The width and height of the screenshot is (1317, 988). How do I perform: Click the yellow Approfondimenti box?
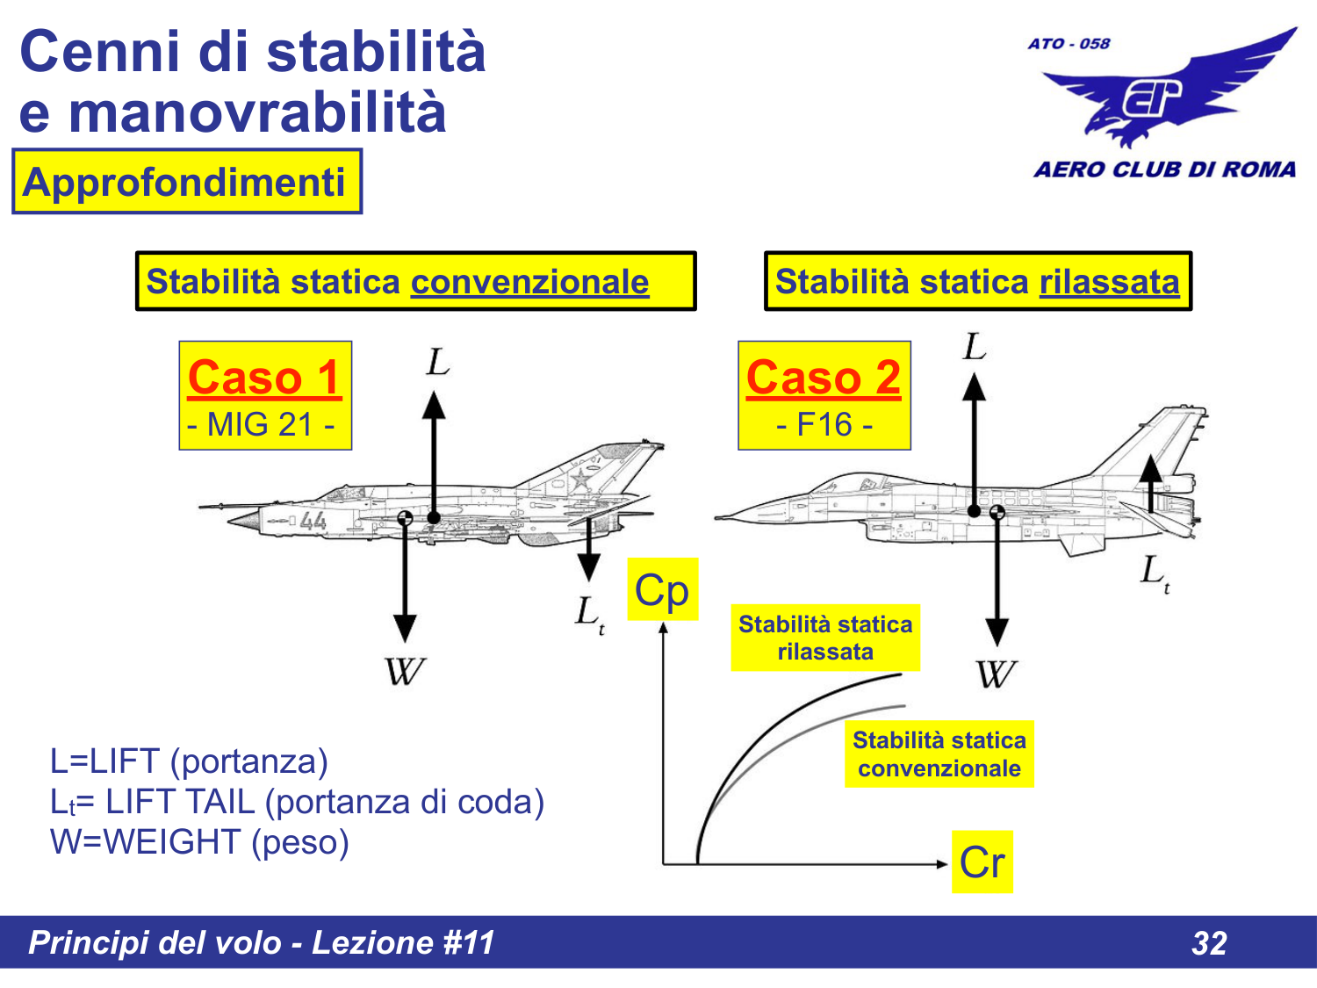186,182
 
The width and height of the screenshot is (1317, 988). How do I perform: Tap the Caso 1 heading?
264,378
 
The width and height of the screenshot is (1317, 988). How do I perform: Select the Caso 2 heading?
824,378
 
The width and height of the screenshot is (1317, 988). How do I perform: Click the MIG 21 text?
261,425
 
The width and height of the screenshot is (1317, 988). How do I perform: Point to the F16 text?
824,425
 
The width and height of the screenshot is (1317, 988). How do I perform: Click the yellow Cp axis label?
663,589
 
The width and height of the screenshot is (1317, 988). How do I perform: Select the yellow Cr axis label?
982,862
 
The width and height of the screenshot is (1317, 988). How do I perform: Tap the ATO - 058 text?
1069,43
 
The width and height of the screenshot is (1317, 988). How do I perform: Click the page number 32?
1209,943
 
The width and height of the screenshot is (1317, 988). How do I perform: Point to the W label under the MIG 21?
405,672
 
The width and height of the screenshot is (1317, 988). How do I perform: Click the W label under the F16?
997,674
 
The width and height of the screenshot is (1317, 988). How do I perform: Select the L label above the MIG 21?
437,361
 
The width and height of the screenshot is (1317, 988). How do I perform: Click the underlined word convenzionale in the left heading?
529,282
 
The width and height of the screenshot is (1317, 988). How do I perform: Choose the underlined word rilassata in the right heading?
1109,282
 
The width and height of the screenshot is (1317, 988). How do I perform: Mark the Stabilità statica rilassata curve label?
825,638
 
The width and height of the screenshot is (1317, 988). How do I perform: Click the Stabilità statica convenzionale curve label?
939,754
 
